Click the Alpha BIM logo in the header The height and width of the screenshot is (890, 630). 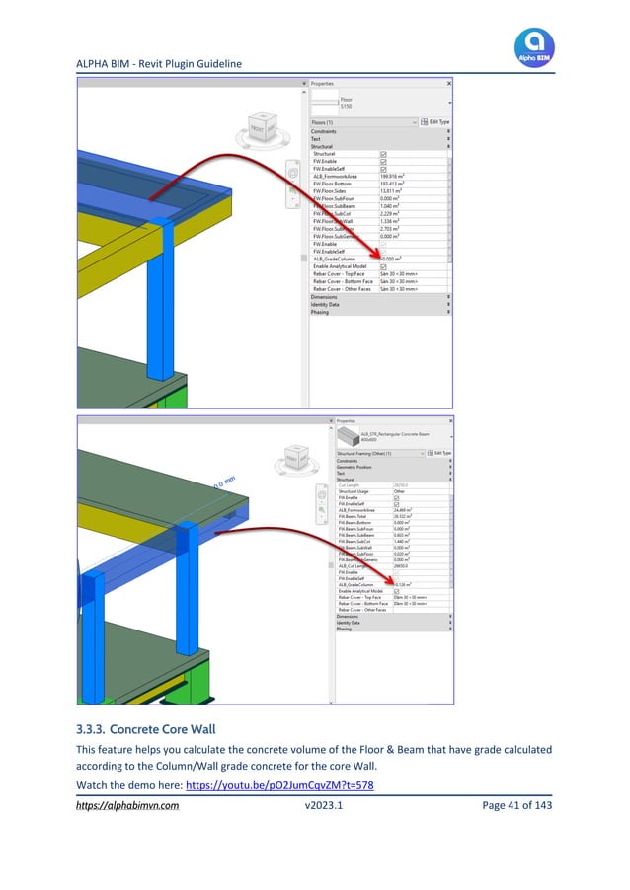coord(534,46)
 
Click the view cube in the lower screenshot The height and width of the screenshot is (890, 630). coord(295,461)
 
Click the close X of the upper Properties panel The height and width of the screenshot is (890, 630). coord(448,84)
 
